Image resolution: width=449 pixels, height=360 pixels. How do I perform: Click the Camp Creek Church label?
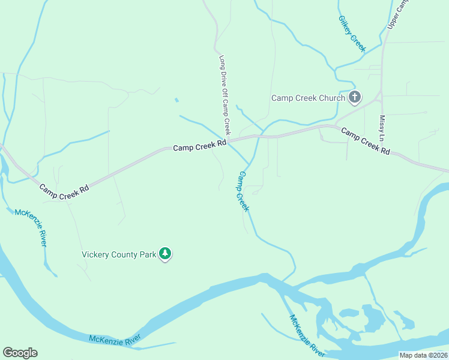(x=308, y=98)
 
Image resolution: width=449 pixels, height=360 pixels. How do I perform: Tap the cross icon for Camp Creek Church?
(x=355, y=97)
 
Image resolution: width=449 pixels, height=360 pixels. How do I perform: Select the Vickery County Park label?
(x=119, y=254)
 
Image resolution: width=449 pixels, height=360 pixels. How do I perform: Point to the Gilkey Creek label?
(x=352, y=34)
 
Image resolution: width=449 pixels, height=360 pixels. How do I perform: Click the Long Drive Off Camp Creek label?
(x=224, y=95)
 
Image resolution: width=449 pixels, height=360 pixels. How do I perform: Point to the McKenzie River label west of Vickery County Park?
(x=31, y=227)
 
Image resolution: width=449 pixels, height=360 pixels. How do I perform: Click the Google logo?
(x=20, y=352)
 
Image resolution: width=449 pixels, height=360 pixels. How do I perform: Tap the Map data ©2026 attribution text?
(x=423, y=355)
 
